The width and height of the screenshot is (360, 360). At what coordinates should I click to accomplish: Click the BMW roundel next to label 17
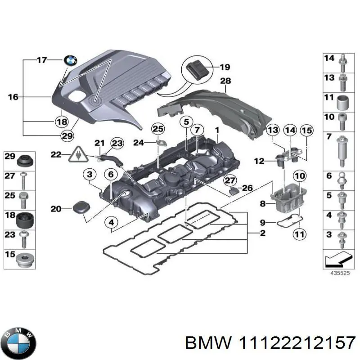(71, 60)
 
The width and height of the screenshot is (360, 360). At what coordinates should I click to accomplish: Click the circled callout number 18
(61, 121)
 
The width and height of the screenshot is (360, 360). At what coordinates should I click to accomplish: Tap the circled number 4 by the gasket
(111, 222)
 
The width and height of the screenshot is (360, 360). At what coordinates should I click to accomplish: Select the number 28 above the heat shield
(225, 81)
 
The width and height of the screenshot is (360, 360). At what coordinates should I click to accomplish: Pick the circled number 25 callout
(157, 130)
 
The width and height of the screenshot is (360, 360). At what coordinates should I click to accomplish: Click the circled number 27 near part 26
(230, 180)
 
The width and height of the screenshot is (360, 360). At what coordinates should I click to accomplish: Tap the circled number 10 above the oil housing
(299, 176)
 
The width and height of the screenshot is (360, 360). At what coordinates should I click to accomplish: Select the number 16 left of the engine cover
(13, 97)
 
